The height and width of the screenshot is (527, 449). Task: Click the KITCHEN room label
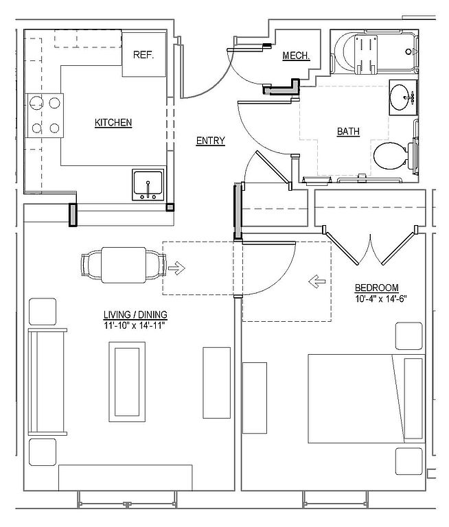point(113,123)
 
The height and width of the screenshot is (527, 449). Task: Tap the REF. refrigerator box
point(143,54)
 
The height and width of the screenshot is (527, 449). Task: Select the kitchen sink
point(148,185)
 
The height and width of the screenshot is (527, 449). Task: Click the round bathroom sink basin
point(402,99)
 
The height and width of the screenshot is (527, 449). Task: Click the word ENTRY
point(211,141)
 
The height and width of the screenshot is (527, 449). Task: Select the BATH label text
point(348,132)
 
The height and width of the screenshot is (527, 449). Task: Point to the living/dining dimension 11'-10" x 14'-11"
point(135,325)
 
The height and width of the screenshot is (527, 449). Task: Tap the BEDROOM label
point(376,288)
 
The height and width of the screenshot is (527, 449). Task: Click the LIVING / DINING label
point(135,315)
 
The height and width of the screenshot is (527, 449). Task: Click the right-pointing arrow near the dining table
point(177,268)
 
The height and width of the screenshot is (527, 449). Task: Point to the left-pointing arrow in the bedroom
point(317,280)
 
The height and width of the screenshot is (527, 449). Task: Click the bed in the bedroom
point(366,398)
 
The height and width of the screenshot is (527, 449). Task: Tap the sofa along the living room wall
point(47,382)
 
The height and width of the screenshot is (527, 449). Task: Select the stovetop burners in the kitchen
point(45,115)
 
